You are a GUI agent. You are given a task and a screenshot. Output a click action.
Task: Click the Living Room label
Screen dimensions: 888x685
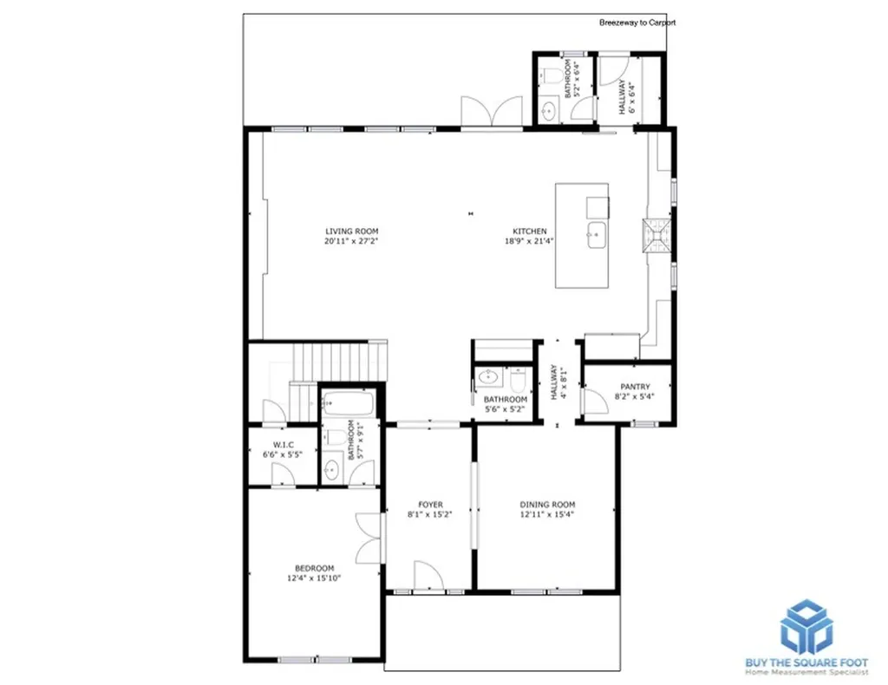pos(352,231)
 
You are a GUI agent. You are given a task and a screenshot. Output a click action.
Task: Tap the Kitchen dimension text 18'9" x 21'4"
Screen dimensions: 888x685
pos(529,240)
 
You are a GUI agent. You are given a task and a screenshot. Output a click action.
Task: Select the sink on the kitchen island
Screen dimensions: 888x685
pos(597,235)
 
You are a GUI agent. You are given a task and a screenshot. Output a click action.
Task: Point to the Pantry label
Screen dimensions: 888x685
pos(635,387)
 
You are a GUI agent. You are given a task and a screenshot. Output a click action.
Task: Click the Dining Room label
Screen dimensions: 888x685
pos(548,505)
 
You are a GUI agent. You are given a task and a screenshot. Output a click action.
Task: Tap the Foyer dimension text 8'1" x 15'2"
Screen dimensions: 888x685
pos(430,514)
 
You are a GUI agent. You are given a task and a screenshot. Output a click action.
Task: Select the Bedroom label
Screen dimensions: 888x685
pos(314,568)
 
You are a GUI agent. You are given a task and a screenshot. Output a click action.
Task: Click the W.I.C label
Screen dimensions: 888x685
pos(284,445)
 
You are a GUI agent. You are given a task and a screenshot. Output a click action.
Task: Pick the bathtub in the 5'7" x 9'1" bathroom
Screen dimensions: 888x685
pos(349,404)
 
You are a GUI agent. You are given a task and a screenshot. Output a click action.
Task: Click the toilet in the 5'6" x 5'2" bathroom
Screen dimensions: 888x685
pos(519,380)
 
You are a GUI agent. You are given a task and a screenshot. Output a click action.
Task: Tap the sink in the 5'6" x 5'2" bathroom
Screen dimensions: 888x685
pos(487,376)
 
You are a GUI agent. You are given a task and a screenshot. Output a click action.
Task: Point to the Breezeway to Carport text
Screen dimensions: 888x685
pos(637,23)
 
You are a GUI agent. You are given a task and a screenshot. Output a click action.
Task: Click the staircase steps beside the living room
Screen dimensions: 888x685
pos(339,362)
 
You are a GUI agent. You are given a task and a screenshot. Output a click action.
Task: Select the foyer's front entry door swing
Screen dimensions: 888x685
pos(428,575)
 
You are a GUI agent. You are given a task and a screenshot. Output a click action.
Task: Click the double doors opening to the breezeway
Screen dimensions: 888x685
pos(492,112)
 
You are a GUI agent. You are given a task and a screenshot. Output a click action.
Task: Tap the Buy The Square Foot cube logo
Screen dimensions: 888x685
pos(806,626)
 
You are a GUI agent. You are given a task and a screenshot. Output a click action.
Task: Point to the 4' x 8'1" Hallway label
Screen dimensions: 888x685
pos(558,382)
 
